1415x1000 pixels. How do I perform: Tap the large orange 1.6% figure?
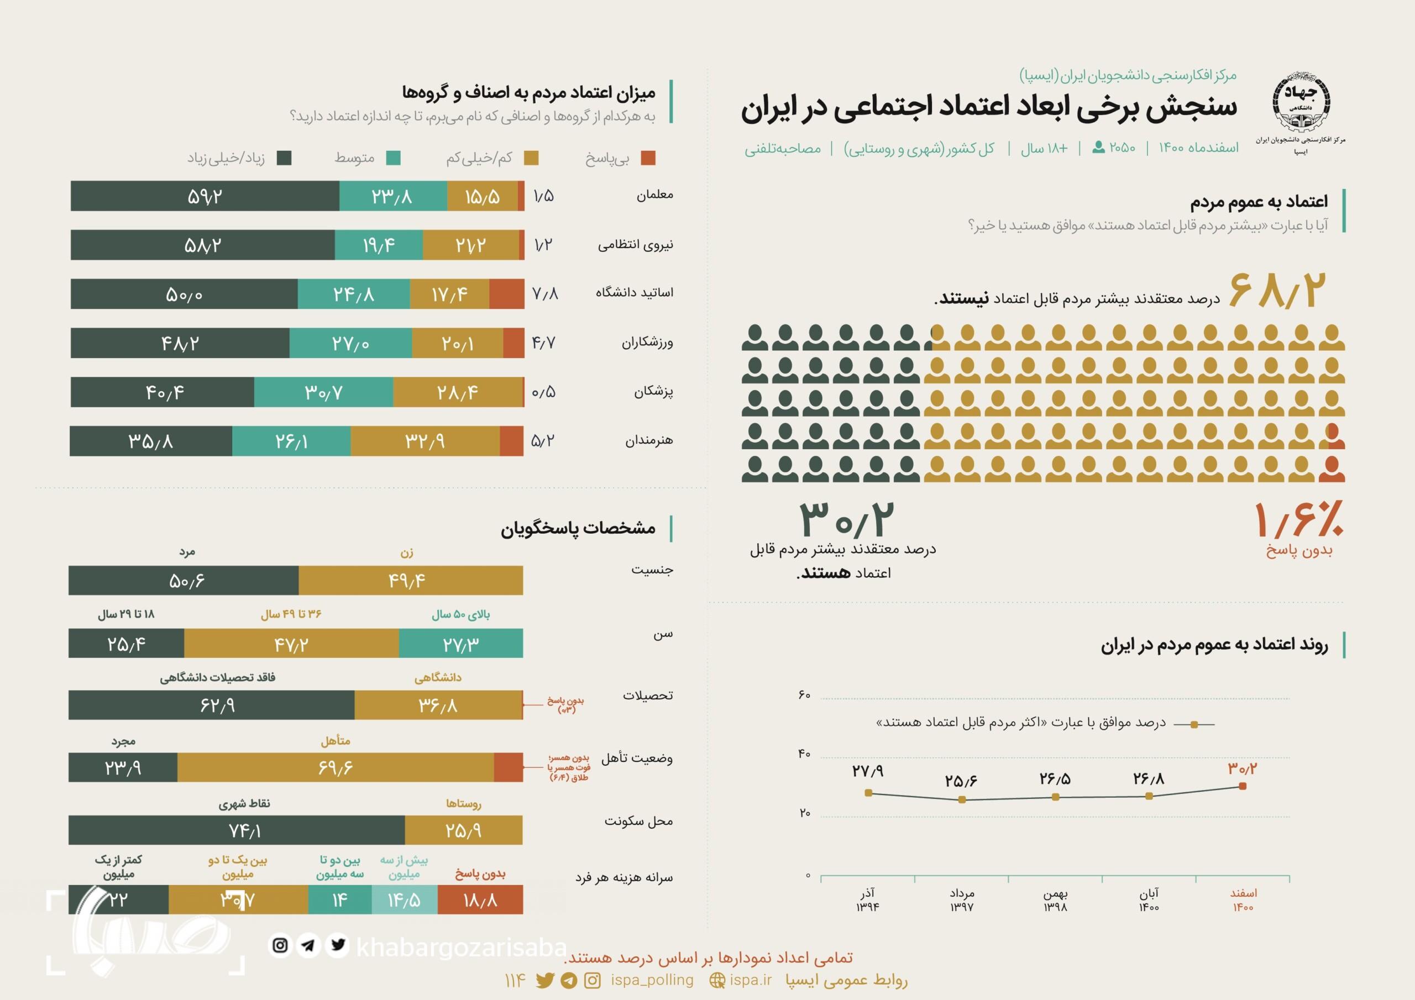click(x=1299, y=519)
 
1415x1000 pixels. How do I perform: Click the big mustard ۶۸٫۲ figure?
click(x=1276, y=289)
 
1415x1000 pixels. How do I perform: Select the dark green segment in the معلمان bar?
click(x=205, y=196)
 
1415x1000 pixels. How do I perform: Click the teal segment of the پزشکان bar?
click(x=323, y=392)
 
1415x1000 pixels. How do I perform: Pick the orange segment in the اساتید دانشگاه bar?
click(x=507, y=294)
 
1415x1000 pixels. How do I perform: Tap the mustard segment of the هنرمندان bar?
click(x=424, y=441)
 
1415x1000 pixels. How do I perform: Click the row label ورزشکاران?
click(x=647, y=343)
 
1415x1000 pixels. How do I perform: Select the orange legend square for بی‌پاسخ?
click(x=648, y=159)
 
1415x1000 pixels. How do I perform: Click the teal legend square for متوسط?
click(x=393, y=159)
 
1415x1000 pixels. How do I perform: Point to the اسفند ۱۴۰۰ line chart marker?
click(x=1243, y=786)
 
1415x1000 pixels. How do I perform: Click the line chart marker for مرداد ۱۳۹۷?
click(x=962, y=800)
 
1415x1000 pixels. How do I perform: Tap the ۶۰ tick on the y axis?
click(x=804, y=695)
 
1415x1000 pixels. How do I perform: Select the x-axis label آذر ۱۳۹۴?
click(x=868, y=899)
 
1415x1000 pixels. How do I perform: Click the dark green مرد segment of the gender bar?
click(x=184, y=581)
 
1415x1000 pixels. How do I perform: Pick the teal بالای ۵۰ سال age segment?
click(x=461, y=643)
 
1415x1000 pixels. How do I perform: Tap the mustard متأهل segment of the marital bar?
click(x=336, y=768)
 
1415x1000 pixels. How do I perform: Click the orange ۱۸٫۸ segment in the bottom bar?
click(x=480, y=899)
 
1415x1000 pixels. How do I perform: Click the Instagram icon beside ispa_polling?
click(x=592, y=981)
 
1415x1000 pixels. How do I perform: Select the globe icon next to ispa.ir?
click(x=717, y=981)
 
